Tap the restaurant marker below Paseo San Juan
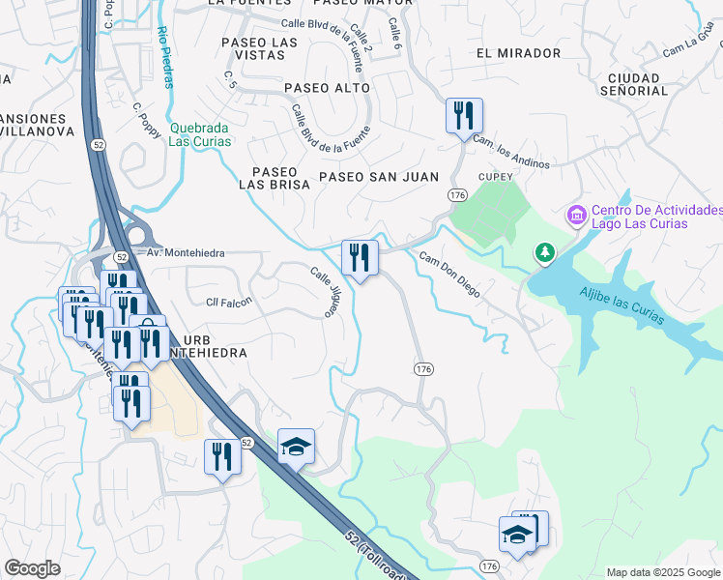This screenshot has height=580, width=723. coord(360,257)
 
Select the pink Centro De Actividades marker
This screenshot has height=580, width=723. coord(577,215)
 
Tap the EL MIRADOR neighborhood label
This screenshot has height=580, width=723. coord(518,53)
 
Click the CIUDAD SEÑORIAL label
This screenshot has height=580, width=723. coord(634,84)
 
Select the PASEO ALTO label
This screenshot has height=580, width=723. coord(327,88)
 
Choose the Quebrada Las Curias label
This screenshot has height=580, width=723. coord(200,133)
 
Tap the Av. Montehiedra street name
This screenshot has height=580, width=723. coord(186,252)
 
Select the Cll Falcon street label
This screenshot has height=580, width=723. coord(229,302)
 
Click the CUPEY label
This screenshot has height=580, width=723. coord(497,177)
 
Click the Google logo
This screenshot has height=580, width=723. coord(32,567)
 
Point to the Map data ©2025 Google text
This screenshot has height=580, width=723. coord(663,572)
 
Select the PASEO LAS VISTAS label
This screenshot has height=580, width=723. coord(259,48)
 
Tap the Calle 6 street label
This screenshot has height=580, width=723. coord(394,36)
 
